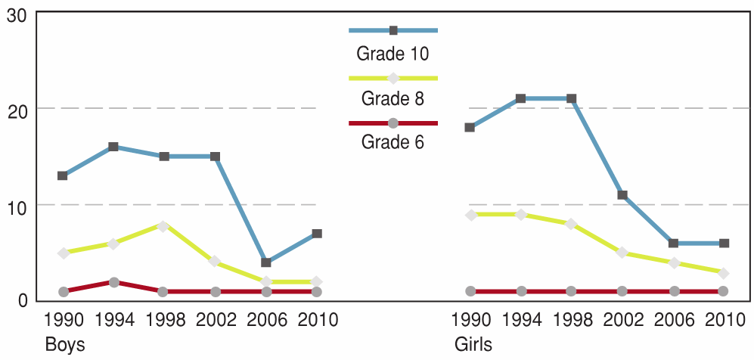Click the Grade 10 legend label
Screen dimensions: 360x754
click(393, 54)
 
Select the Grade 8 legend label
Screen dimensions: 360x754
click(393, 98)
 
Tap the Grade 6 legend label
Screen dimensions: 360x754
click(393, 142)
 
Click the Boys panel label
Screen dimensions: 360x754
click(65, 345)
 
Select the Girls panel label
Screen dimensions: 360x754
click(473, 345)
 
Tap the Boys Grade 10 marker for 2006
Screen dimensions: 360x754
click(266, 262)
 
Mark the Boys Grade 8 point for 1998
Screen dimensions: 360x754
click(164, 225)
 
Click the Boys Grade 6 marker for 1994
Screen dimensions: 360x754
click(113, 282)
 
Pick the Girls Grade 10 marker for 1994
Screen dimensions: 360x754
click(520, 98)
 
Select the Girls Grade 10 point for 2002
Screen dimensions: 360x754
click(622, 195)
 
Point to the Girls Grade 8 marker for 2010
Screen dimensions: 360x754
click(724, 273)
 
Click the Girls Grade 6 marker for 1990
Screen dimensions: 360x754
click(470, 291)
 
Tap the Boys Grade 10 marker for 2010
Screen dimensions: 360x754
click(317, 234)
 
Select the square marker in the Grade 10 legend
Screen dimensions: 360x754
click(393, 30)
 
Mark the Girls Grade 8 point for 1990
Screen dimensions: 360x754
click(470, 215)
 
